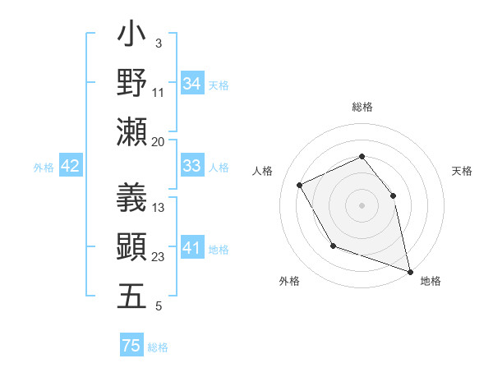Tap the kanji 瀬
coord(132,132)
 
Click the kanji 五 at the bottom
coord(132,296)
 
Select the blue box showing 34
coord(192,83)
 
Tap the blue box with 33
coord(192,166)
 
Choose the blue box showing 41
coord(192,247)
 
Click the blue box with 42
coord(71,166)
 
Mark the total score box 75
coord(131,346)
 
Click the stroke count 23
coord(159,257)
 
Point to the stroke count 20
coord(158,141)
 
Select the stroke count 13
coord(159,208)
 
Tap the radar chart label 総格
coord(362,107)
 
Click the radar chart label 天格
coord(462,171)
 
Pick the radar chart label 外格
coord(289,281)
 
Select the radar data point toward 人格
coord(300,185)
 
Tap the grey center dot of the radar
coord(362,204)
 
